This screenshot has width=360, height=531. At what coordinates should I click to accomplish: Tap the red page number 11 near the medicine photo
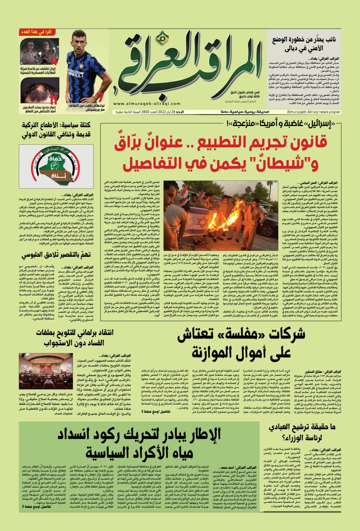pyautogui.click(x=53, y=100)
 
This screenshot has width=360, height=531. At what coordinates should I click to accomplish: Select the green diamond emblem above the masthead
pyautogui.click(x=163, y=38)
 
